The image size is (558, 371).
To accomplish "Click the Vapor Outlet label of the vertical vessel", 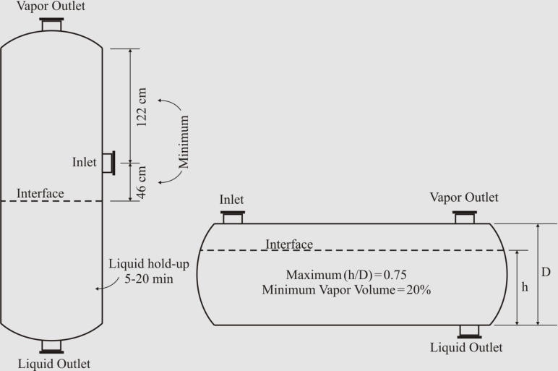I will [x=51, y=7].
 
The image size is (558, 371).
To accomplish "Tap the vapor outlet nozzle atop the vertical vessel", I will [x=51, y=25].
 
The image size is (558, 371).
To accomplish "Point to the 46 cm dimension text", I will [x=142, y=182].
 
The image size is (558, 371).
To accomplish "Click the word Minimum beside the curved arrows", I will [x=184, y=141].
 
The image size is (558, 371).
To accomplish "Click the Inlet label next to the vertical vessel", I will [x=85, y=163].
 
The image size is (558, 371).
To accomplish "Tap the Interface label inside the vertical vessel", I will [x=40, y=193].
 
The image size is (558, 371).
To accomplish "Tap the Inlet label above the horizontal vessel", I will [x=231, y=200].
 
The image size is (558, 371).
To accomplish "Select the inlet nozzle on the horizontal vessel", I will [x=232, y=216].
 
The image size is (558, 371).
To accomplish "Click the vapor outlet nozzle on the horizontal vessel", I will [x=464, y=216].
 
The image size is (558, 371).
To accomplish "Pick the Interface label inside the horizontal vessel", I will [x=289, y=244].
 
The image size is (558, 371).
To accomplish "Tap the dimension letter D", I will [x=546, y=273].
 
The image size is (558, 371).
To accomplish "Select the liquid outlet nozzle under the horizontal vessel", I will [x=469, y=331].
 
